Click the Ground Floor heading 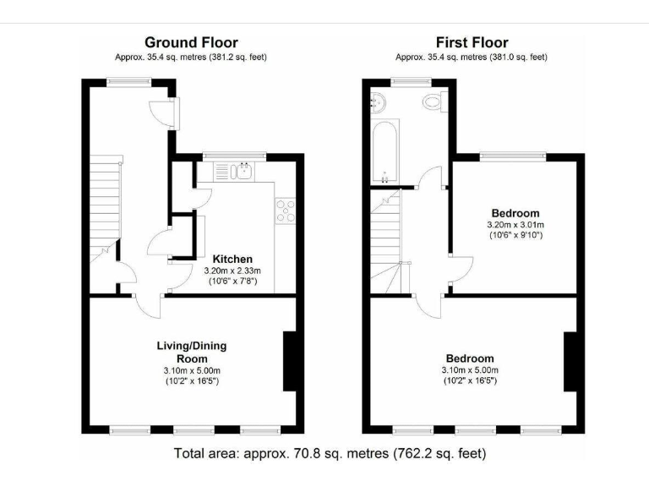(x=191, y=42)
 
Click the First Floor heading (x=472, y=42)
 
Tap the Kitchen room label (x=232, y=259)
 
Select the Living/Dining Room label (x=191, y=352)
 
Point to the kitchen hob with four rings (x=285, y=210)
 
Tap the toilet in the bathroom (x=434, y=104)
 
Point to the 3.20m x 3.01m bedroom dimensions (x=515, y=225)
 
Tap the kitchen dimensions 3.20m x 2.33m (x=232, y=271)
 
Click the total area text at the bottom (x=330, y=453)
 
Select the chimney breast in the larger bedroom (x=570, y=362)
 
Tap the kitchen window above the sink (x=235, y=156)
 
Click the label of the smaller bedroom (x=515, y=212)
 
